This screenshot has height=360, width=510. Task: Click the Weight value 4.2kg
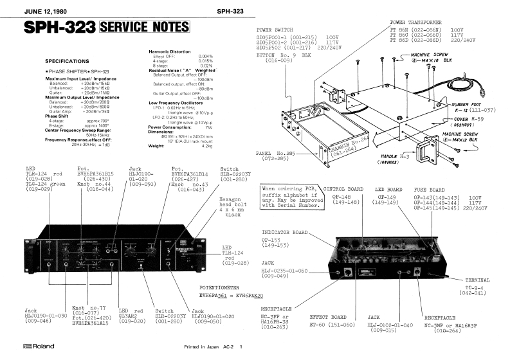pyautogui.click(x=207, y=146)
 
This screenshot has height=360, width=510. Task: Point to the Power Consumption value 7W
pyautogui.click(x=208, y=127)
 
